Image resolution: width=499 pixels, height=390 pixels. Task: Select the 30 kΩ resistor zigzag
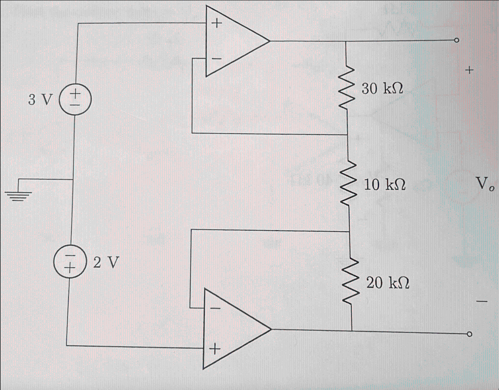point(346,88)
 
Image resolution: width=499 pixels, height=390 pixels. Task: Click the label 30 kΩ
point(383,89)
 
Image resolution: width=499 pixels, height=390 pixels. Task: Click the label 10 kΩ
point(385,184)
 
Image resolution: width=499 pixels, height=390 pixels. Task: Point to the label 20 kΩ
point(387,283)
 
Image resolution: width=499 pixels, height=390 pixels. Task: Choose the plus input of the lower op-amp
point(213,349)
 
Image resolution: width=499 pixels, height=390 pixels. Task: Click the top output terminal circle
point(456,41)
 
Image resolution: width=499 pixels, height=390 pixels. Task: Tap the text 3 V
point(39,100)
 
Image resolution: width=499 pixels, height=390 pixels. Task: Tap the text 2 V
point(106,263)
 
